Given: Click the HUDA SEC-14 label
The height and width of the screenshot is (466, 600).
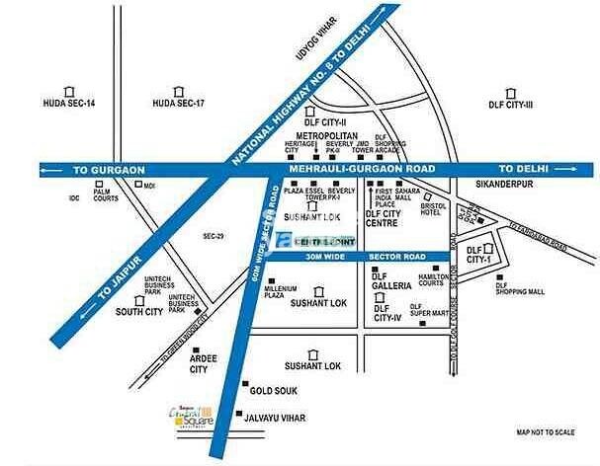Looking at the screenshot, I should point(68,104).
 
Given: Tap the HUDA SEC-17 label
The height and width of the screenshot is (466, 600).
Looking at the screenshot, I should point(178,104).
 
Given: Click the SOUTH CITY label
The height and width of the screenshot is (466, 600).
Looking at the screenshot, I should point(138,312).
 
